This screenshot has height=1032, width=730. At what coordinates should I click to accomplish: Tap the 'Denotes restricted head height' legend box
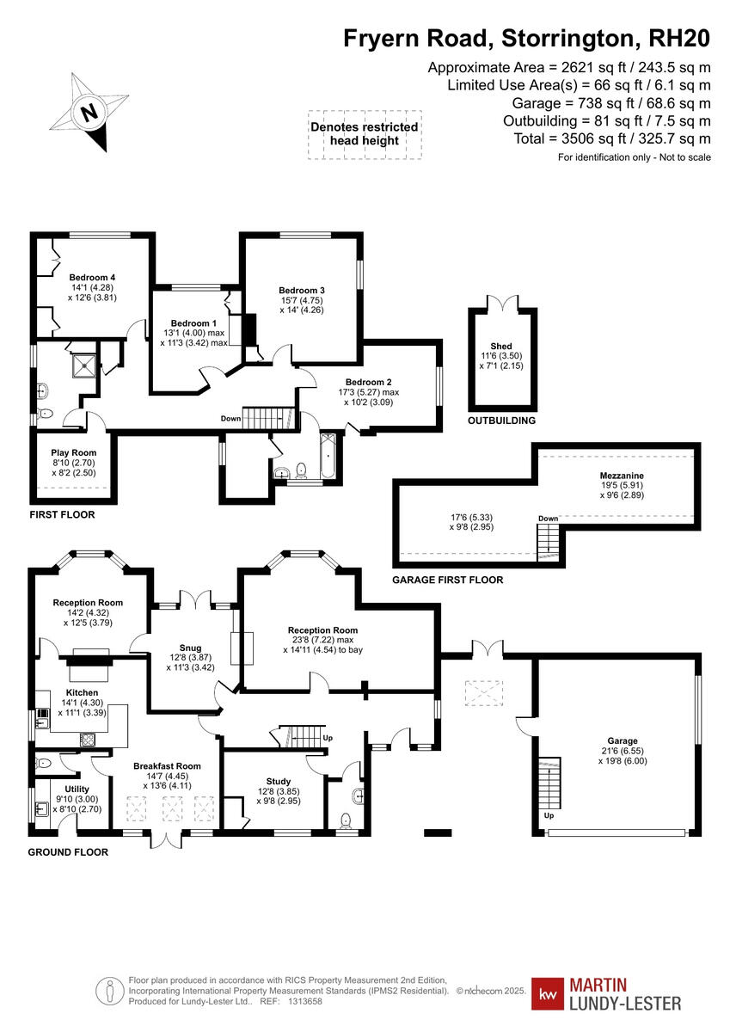(365, 133)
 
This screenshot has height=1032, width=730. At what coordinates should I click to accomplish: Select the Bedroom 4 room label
(93, 277)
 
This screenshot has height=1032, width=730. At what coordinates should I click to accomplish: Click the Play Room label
(73, 452)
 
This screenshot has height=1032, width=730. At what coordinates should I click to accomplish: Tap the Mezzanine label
(622, 475)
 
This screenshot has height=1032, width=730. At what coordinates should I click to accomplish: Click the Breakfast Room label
(167, 765)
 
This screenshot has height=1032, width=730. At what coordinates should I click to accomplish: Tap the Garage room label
(622, 740)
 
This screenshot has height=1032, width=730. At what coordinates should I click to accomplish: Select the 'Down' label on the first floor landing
(230, 419)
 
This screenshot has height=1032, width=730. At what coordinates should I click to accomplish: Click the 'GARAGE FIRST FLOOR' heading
(447, 580)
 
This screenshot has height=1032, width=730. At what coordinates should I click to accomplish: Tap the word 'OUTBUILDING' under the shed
(501, 421)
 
